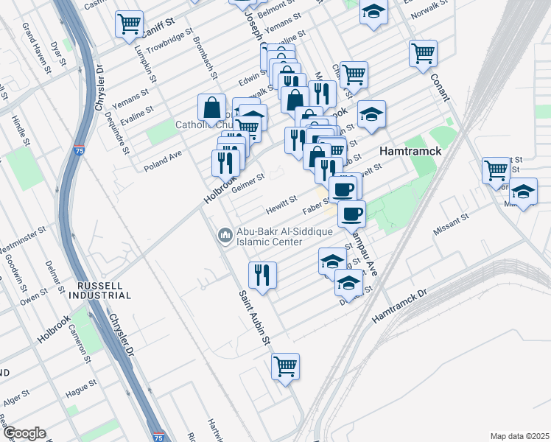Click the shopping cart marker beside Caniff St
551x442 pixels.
click(129, 24)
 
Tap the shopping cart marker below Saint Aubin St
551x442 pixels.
click(285, 366)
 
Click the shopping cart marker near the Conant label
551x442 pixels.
click(424, 54)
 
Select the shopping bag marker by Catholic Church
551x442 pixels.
click(211, 108)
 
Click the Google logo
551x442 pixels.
click(24, 433)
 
